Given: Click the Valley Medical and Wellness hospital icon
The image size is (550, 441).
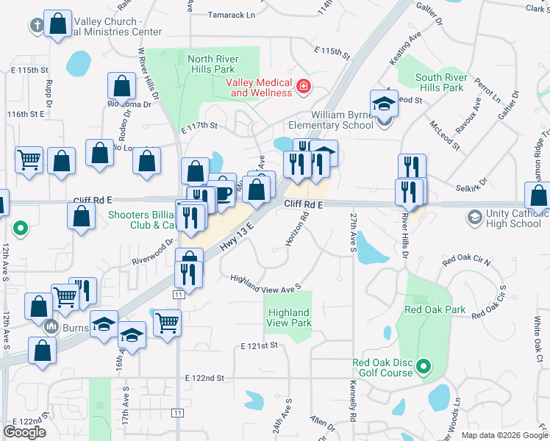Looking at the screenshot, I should click(303, 87).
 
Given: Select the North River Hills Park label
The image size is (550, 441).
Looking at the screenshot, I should click(221, 64).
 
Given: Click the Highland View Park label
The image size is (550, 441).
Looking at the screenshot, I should click(289, 318).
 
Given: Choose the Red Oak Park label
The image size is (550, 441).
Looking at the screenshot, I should click(435, 309).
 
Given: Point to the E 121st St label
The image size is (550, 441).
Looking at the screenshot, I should click(258, 345).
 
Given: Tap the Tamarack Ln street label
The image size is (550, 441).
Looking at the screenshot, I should click(231, 14).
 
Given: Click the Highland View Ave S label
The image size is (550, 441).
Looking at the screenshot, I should click(265, 282).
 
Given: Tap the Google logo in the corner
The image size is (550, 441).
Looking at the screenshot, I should click(24, 432).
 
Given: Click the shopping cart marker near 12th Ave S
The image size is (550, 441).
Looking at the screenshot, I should click(29, 159).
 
